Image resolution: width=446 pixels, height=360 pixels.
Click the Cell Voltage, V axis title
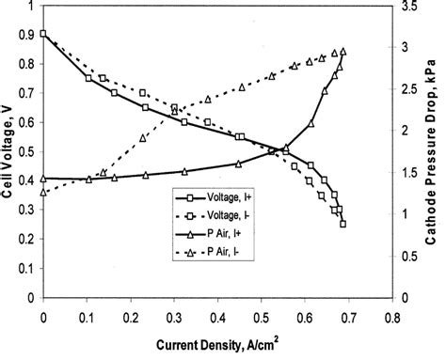[9, 156]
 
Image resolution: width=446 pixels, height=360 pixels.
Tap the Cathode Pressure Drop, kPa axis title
[436, 155]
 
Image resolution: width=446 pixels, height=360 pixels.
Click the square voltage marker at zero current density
[44, 34]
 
